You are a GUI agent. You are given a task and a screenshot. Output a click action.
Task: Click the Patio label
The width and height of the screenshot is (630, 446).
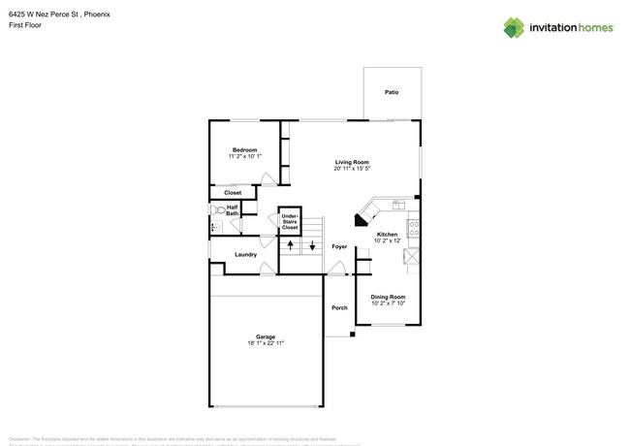[392, 93]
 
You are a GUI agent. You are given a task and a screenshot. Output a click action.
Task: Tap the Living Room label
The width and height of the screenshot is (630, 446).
[353, 162]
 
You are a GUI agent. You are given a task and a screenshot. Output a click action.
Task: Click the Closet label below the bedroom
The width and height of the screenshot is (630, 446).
[233, 193]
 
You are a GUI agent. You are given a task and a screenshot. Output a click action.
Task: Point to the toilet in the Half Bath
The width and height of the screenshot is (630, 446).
[216, 209]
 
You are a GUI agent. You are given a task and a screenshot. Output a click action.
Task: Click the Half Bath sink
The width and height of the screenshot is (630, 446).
[216, 228]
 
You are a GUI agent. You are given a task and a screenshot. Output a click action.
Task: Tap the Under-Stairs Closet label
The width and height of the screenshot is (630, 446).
[290, 223]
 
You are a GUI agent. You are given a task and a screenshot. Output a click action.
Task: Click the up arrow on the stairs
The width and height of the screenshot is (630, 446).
[290, 247]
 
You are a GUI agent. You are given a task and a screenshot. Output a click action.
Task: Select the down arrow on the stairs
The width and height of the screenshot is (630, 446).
[312, 247]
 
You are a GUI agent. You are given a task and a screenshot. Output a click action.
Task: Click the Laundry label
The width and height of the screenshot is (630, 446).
[245, 255]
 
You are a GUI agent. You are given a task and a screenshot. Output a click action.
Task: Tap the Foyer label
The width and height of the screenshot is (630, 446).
[339, 247]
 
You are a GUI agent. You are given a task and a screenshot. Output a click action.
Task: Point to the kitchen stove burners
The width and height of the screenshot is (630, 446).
[413, 231]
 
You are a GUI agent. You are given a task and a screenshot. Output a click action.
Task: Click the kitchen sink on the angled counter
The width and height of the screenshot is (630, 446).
[397, 205]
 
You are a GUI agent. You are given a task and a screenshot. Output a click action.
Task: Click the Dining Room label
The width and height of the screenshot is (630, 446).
[388, 297]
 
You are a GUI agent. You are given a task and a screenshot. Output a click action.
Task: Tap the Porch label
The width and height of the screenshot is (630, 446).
[339, 308]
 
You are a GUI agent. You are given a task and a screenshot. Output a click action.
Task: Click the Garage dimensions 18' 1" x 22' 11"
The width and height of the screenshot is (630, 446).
[266, 343]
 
